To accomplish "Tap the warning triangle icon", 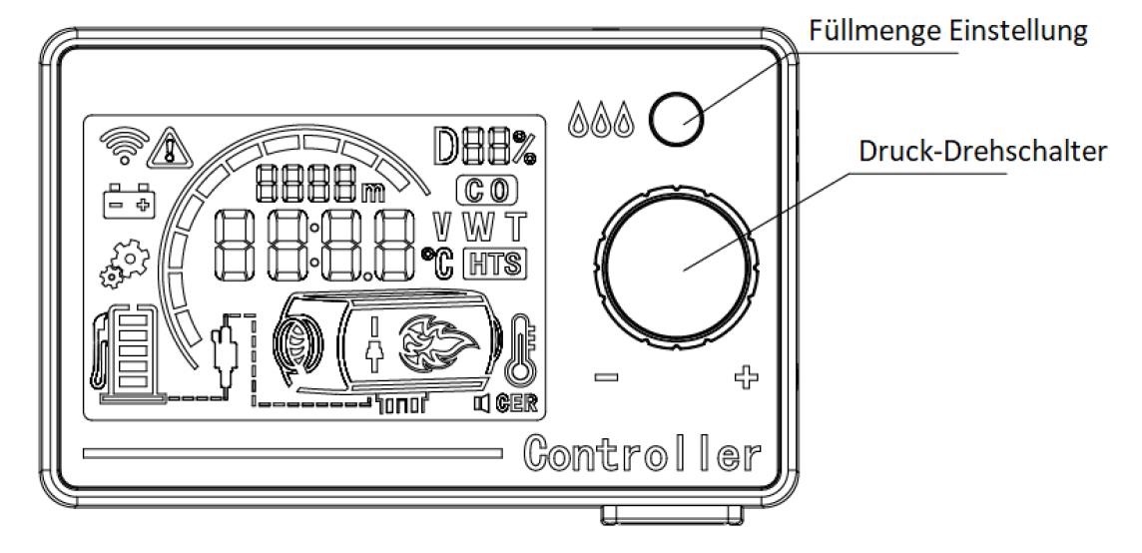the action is click(x=170, y=150).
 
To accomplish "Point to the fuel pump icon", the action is click(x=125, y=352).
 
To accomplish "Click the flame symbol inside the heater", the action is click(x=432, y=341).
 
